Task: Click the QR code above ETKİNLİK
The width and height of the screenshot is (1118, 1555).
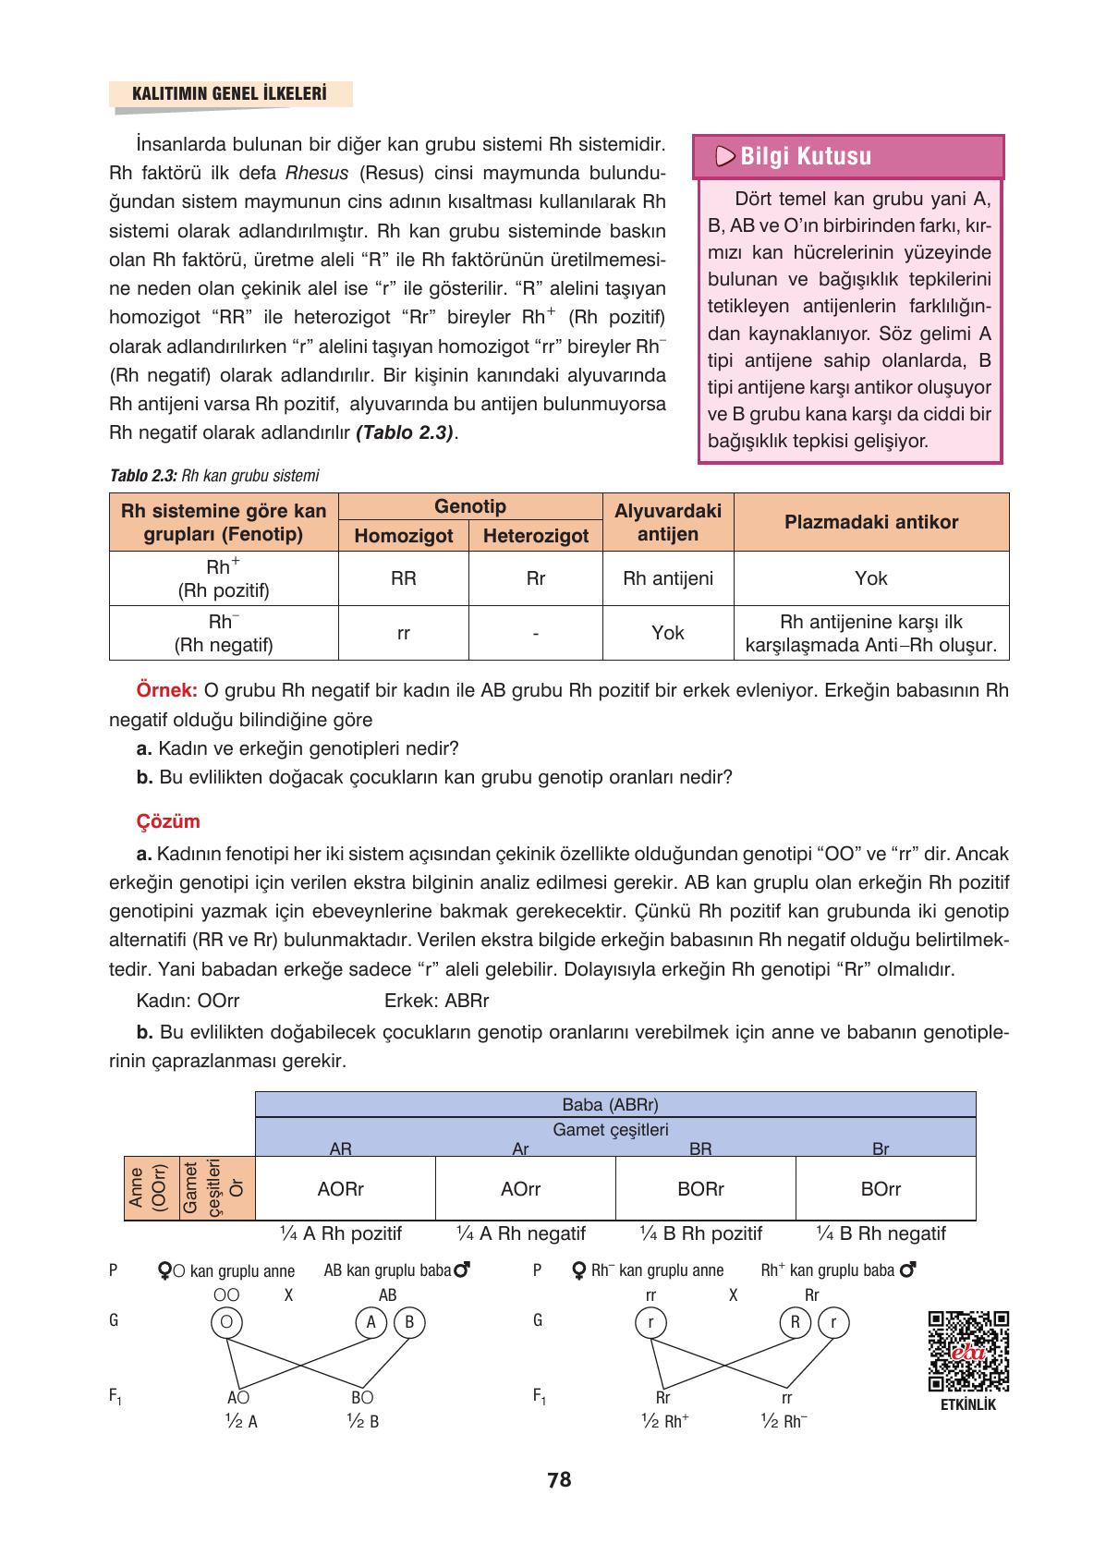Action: pyautogui.click(x=967, y=1351)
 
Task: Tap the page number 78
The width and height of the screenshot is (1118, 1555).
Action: pyautogui.click(x=559, y=1480)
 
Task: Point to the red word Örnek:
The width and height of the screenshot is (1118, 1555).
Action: pyautogui.click(x=166, y=690)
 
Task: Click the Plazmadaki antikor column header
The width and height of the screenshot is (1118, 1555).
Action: pyautogui.click(x=870, y=522)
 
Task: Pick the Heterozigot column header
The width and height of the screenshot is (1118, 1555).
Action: pyautogui.click(x=536, y=536)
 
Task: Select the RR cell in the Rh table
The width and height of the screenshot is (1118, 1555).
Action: pyautogui.click(x=404, y=578)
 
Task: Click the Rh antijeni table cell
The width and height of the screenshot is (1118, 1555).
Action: pyautogui.click(x=668, y=578)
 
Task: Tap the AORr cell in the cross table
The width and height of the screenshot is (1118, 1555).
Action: pyautogui.click(x=340, y=1189)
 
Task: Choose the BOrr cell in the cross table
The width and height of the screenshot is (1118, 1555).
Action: pyautogui.click(x=880, y=1189)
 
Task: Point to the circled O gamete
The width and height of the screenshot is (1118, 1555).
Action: pyautogui.click(x=225, y=1322)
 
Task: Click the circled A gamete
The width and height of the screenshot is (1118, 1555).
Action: pyautogui.click(x=371, y=1322)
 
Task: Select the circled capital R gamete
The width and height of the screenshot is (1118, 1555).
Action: pyautogui.click(x=795, y=1322)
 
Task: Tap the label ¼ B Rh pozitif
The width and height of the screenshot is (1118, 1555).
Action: pyautogui.click(x=701, y=1233)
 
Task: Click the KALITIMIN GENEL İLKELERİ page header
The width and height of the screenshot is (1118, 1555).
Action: pyautogui.click(x=230, y=94)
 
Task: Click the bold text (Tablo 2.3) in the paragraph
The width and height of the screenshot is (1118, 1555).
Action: pyautogui.click(x=405, y=432)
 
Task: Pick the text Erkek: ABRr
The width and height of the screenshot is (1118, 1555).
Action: pyautogui.click(x=436, y=1001)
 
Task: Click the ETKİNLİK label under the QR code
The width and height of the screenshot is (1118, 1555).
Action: pyautogui.click(x=967, y=1405)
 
